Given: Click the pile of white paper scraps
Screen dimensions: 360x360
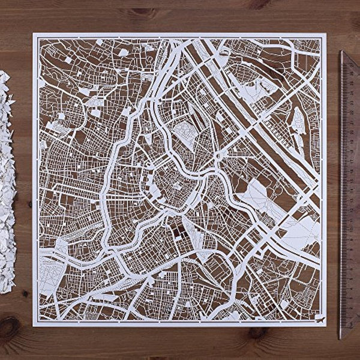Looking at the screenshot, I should coord(7,180).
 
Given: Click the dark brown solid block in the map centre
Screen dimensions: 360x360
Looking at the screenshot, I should coord(178,226).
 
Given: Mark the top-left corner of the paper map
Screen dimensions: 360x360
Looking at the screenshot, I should coord(34,34).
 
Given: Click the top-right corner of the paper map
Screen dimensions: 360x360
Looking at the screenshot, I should coord(326,34).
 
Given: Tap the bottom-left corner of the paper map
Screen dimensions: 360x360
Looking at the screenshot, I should coord(34,326).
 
